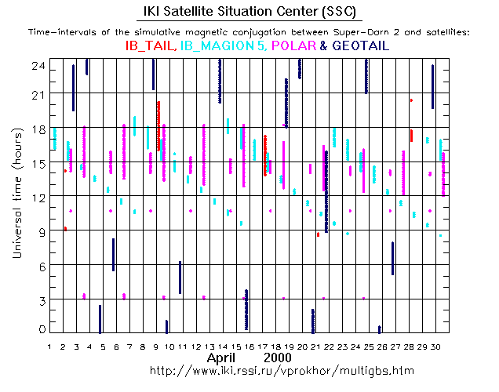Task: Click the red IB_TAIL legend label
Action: pyautogui.click(x=151, y=46)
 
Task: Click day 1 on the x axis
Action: pyautogui.click(x=50, y=345)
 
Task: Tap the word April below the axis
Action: pyautogui.click(x=222, y=358)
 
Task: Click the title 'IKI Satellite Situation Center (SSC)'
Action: pyautogui.click(x=248, y=12)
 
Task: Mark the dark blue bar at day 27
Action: pyautogui.click(x=392, y=259)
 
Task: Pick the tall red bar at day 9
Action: pyautogui.click(x=158, y=125)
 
